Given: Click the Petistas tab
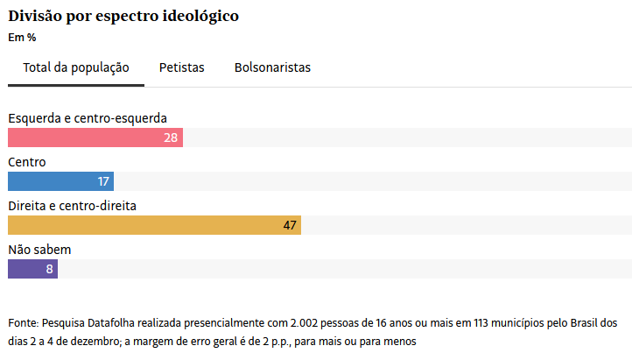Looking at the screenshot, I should (x=181, y=67).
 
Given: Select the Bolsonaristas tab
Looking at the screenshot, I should (x=272, y=67).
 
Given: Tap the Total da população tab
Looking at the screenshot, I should (x=76, y=67).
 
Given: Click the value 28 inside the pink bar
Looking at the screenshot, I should (x=171, y=138).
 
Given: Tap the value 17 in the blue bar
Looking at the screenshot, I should (x=103, y=181).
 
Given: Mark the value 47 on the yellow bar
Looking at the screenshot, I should (x=291, y=225).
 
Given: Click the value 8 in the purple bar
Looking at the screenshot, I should (x=50, y=269).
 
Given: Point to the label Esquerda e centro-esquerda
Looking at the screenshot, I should (x=88, y=118).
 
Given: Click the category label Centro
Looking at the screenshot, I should (x=27, y=162).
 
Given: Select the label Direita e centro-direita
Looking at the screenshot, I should (x=72, y=206).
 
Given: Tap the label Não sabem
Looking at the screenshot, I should (x=39, y=250).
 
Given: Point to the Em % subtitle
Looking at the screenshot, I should (x=22, y=38).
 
